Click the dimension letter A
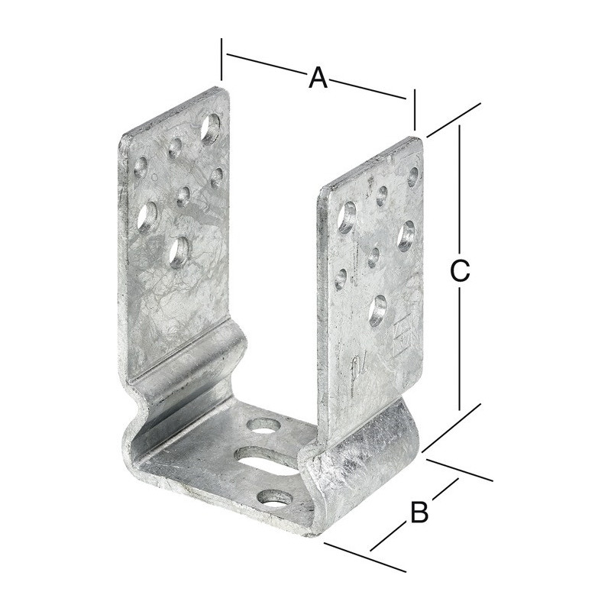pyautogui.click(x=318, y=78)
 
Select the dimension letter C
pyautogui.click(x=460, y=271)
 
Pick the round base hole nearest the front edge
pyautogui.click(x=276, y=499)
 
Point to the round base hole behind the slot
pyautogui.click(x=265, y=425)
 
